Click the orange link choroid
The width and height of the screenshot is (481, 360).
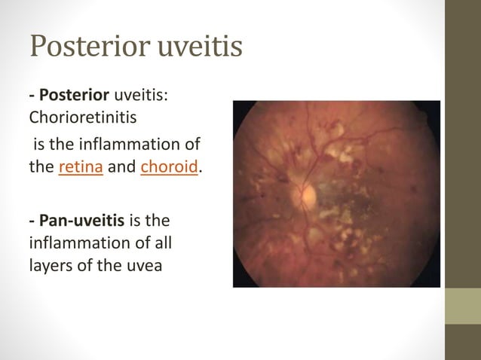coord(169,167)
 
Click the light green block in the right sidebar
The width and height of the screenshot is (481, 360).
coord(463,307)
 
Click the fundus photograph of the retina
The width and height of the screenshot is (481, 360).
coord(336,194)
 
